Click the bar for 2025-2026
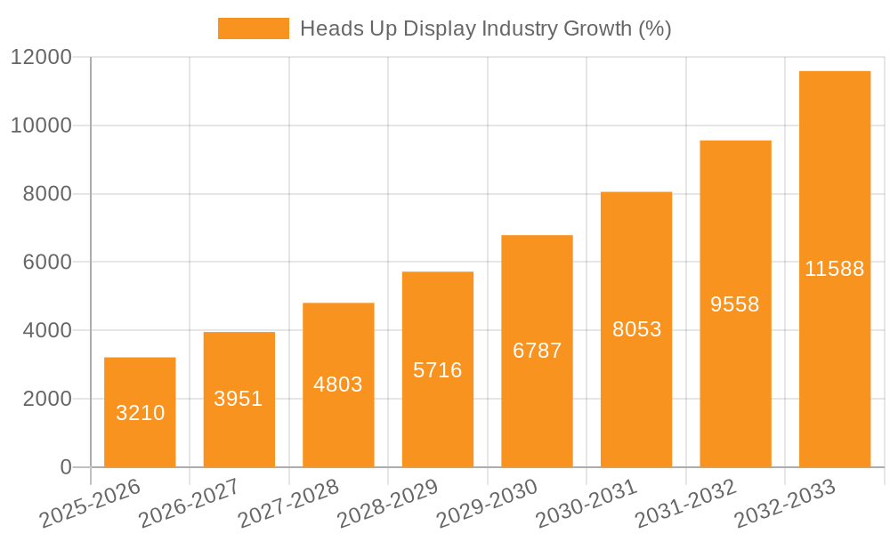click(x=140, y=412)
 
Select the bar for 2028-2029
click(x=438, y=369)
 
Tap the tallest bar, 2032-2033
click(x=835, y=269)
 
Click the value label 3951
click(x=239, y=399)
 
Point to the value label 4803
click(x=338, y=384)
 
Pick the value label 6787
click(x=538, y=351)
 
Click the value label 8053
click(x=636, y=329)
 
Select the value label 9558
click(x=735, y=304)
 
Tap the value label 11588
click(x=835, y=269)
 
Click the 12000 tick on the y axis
click(x=41, y=58)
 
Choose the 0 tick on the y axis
click(x=65, y=467)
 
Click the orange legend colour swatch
click(x=254, y=28)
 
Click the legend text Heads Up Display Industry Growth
click(x=485, y=28)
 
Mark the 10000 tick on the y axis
click(x=41, y=125)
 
